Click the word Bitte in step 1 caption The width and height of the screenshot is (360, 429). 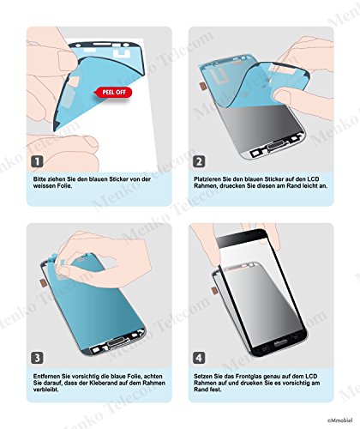pyautogui.click(x=40, y=178)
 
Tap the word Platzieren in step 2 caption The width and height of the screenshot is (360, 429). pyautogui.click(x=210, y=178)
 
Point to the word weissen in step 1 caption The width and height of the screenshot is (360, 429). pyautogui.click(x=45, y=186)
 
